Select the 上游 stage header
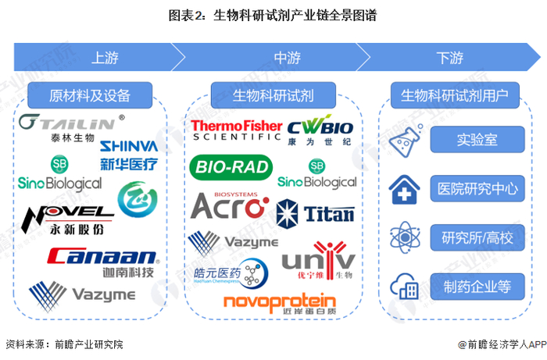[105, 57]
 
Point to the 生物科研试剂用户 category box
[454, 96]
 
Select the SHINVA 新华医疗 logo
[129, 154]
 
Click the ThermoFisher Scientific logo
[235, 129]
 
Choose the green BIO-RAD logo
[231, 166]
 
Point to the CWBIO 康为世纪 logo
[320, 130]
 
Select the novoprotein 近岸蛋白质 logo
[279, 305]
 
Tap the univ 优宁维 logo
[318, 264]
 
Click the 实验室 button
[477, 141]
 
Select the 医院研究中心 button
[477, 189]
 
